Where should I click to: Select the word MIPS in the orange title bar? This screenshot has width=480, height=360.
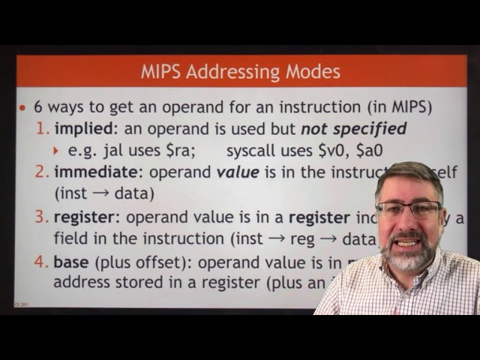point(160,73)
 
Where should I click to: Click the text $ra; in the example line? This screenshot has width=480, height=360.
point(180,150)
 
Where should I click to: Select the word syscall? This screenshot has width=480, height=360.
point(252,150)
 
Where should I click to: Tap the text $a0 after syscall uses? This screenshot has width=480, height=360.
point(367,150)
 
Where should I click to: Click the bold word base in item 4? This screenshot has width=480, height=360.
point(70,262)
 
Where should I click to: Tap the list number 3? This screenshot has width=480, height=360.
point(41,217)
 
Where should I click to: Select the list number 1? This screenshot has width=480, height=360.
point(42,128)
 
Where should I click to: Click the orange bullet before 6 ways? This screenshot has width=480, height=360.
point(22,107)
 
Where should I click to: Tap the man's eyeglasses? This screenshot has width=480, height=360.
point(409,210)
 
